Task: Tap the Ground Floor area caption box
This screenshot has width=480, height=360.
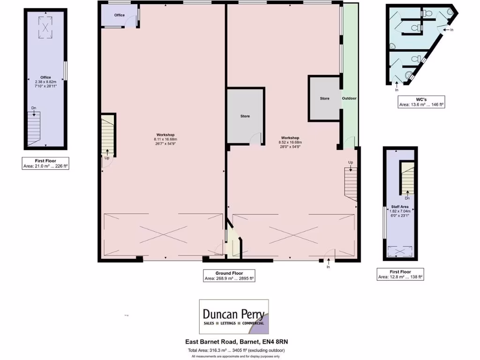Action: pos(229,276)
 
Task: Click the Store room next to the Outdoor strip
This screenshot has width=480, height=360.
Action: pos(324,98)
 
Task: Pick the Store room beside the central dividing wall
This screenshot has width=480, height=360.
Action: pos(245,116)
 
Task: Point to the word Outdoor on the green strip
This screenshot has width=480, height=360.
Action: pos(349,98)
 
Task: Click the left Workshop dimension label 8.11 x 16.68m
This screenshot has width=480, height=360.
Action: pos(165,142)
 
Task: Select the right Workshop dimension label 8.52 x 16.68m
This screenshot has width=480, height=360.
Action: pos(290,145)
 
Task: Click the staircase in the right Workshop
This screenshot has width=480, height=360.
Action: pos(351,184)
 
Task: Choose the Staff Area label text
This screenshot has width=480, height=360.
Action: pos(399,206)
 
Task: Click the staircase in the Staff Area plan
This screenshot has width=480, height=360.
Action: pos(407,178)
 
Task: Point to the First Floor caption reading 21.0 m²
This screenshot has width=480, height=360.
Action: pos(46,163)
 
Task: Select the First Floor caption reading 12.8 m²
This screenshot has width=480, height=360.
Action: pos(400,274)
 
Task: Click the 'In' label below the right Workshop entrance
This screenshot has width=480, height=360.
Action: pos(328,267)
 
